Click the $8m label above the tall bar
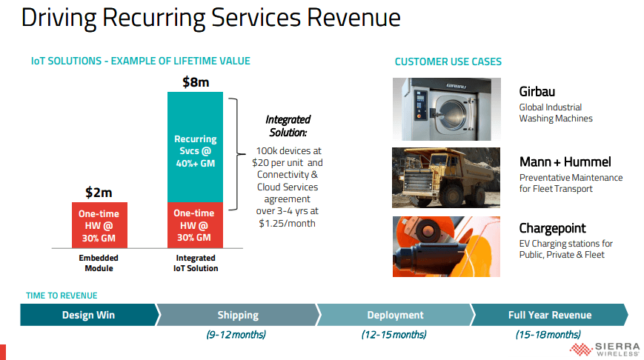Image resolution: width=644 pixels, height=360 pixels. pos(196,82)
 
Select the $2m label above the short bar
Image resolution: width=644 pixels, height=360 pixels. pos(99,192)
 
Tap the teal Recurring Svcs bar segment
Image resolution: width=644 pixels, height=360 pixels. pos(195,147)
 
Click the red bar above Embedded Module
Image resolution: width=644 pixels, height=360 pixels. pos(99,225)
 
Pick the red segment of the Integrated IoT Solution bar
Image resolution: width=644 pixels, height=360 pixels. pos(195,225)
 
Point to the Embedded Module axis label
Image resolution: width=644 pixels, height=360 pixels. pos(99,263)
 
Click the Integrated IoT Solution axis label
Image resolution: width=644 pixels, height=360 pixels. pos(196,263)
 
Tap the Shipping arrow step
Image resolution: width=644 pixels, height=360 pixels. pos(238,315)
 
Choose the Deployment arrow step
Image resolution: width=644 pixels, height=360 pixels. pos(395,315)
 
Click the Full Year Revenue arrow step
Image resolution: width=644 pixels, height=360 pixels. pos(550,315)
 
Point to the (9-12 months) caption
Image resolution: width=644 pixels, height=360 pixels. pos(236,335)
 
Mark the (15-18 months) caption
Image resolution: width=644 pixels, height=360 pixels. pos(548,335)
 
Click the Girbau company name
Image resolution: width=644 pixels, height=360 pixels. pos(537,92)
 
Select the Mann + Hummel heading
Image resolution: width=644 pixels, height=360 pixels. pos(565,161)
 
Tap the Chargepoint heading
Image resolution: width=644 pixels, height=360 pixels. pos(552,228)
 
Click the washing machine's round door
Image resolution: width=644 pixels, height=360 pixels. pos(453,113)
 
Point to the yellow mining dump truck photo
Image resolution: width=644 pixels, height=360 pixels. pos(446,178)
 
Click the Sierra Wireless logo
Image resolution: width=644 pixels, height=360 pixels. pos(605,350)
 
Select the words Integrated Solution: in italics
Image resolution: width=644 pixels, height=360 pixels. pos(288,126)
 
